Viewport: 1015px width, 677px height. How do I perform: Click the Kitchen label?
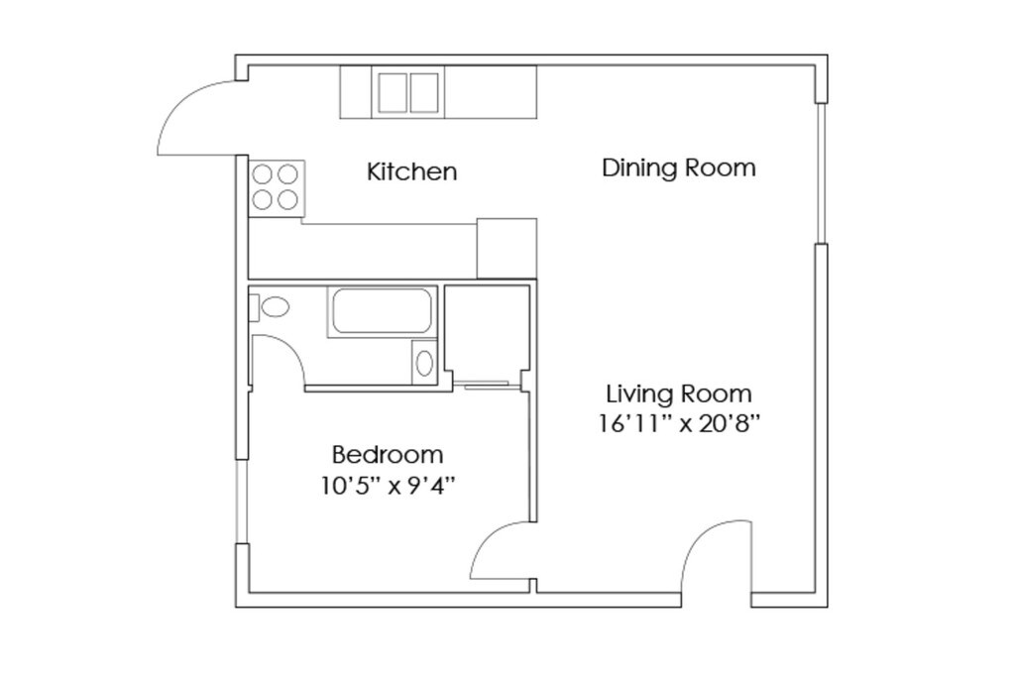pyautogui.click(x=411, y=171)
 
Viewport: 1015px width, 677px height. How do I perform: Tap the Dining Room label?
pyautogui.click(x=678, y=168)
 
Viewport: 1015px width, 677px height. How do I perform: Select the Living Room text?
pyautogui.click(x=678, y=394)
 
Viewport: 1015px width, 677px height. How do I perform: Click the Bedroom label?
pyautogui.click(x=388, y=455)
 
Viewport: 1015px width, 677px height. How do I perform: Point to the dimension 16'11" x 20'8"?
pyautogui.click(x=678, y=424)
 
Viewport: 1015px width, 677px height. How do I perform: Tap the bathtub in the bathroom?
pyautogui.click(x=382, y=311)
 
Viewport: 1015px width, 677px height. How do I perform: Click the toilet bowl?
pyautogui.click(x=277, y=307)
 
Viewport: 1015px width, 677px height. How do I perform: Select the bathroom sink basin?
pyautogui.click(x=424, y=363)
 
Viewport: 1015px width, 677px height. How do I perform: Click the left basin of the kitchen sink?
pyautogui.click(x=393, y=92)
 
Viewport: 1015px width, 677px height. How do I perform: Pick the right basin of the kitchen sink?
pyautogui.click(x=424, y=92)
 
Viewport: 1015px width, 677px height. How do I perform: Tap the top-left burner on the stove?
pyautogui.click(x=262, y=174)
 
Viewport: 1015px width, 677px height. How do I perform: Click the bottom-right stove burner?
pyautogui.click(x=287, y=200)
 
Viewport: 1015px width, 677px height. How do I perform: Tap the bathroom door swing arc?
pyautogui.click(x=288, y=348)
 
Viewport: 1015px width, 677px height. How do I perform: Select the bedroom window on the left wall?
pyautogui.click(x=241, y=502)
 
